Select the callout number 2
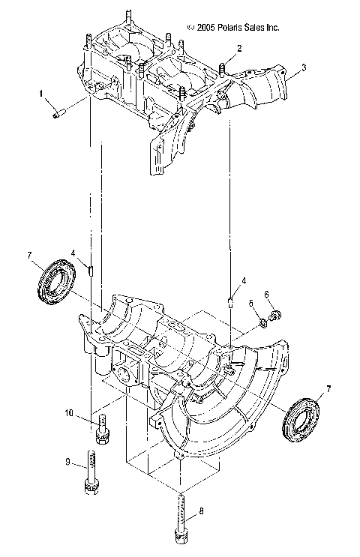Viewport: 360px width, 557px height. [x=238, y=49]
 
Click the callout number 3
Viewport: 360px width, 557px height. [x=303, y=67]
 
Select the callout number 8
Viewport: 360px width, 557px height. [x=200, y=513]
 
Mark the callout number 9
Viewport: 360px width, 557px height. [x=68, y=462]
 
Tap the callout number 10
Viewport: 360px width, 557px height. [x=68, y=413]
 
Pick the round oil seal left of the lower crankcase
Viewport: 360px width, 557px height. [x=56, y=279]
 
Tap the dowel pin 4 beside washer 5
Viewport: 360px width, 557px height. [x=232, y=303]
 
